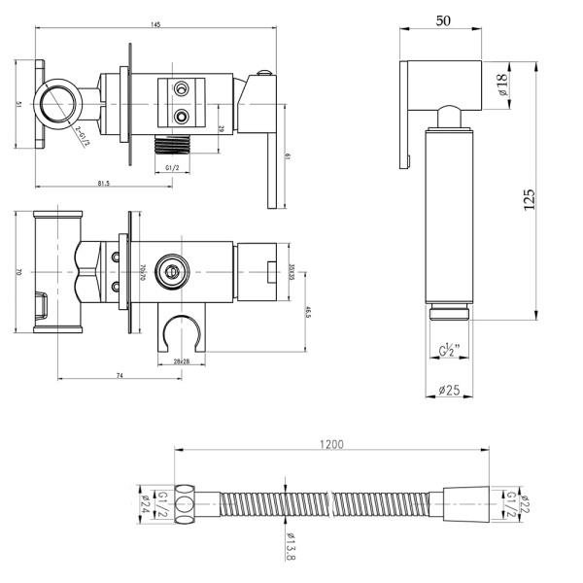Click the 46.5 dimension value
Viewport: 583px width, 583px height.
[x=308, y=313]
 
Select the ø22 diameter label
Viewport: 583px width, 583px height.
[x=526, y=503]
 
